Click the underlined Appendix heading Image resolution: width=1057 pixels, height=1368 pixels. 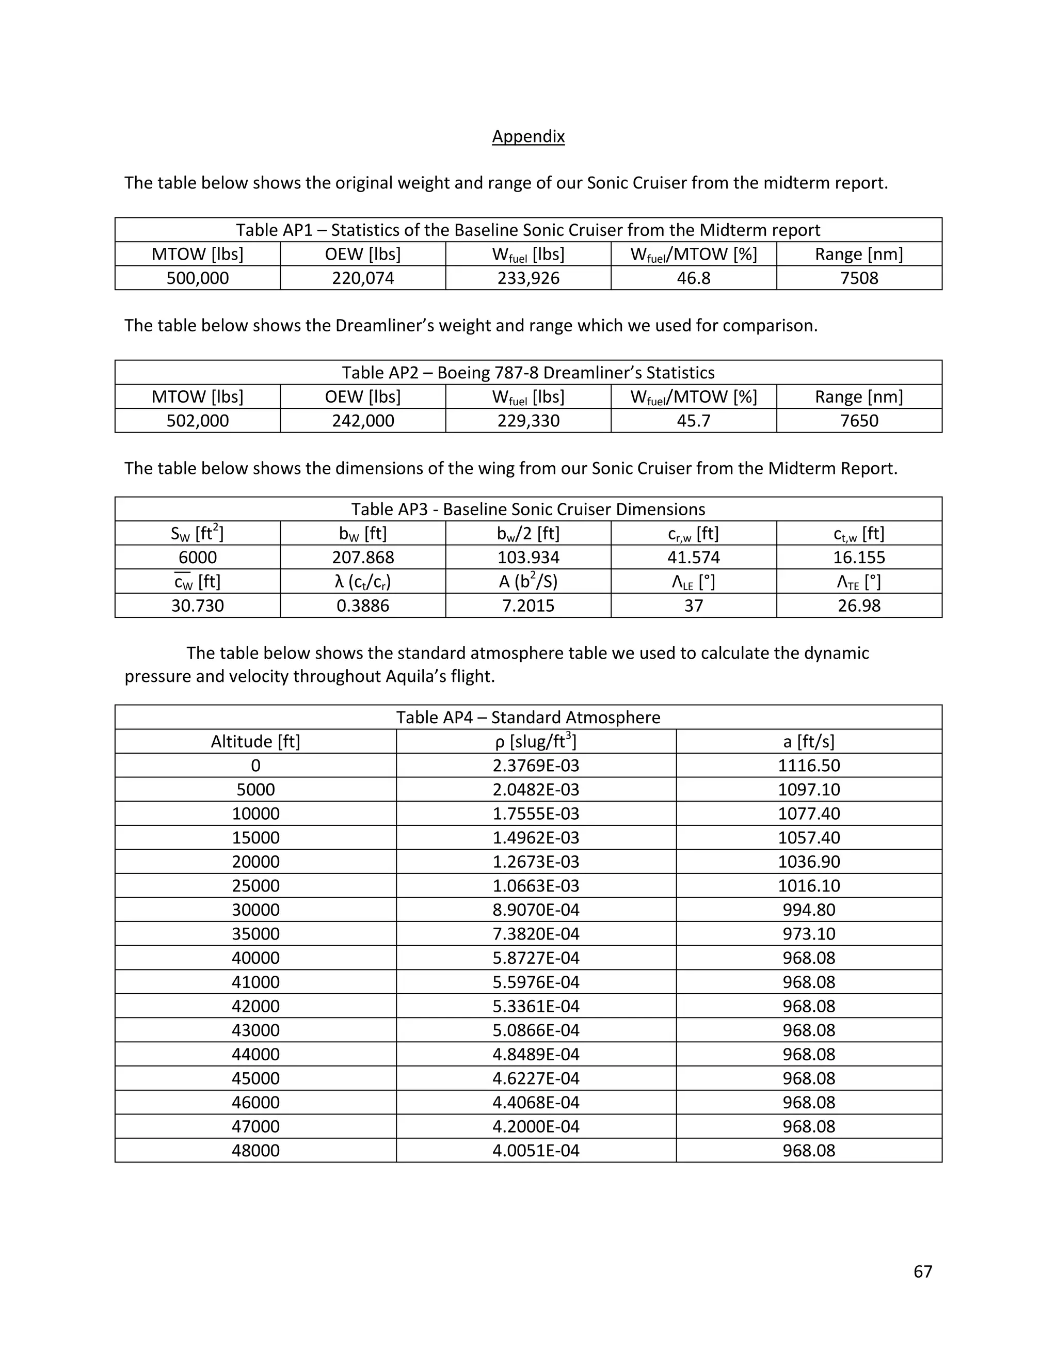[x=528, y=137]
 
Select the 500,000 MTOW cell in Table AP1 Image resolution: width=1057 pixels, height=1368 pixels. [x=197, y=278]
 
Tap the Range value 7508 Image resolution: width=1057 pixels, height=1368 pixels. [x=859, y=278]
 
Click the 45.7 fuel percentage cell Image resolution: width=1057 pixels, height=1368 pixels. [x=693, y=421]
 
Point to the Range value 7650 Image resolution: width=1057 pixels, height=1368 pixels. [x=859, y=421]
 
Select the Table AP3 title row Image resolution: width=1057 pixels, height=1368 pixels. [x=528, y=509]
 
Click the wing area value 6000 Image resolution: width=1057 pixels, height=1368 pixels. [x=197, y=558]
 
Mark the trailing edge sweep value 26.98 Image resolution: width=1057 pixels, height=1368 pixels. [x=859, y=606]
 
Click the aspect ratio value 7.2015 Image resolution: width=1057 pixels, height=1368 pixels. [x=528, y=606]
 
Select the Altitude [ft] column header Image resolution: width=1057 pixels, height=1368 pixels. [x=255, y=742]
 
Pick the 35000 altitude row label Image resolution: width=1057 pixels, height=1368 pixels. [x=255, y=934]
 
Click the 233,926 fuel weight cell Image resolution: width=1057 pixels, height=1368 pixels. [x=528, y=278]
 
